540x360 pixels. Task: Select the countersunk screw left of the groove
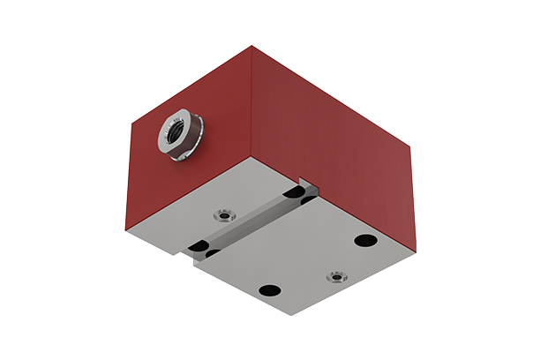click(224, 214)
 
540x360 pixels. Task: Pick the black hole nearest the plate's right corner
click(362, 239)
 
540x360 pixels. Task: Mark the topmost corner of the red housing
click(252, 45)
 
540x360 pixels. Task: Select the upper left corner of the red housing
click(130, 123)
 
